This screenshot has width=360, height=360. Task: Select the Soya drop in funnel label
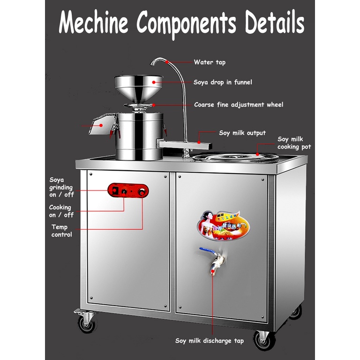point(223,82)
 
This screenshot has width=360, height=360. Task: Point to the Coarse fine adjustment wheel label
point(239,105)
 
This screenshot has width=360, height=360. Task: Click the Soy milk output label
point(242,133)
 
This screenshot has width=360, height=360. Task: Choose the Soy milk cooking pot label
point(294,143)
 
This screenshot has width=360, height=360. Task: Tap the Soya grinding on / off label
point(61,187)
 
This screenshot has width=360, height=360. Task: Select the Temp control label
point(61,231)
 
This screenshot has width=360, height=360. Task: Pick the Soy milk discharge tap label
point(210,341)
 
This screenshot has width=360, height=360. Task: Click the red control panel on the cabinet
point(128,190)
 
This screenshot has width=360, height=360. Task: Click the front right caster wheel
point(261,337)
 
